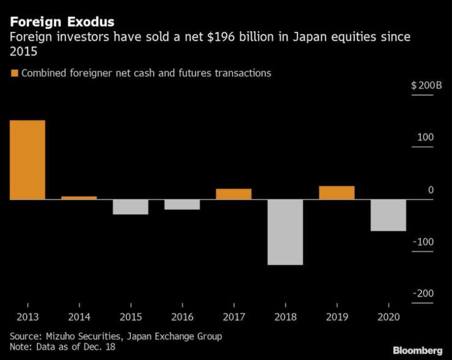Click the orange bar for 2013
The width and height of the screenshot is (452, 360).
[27, 159]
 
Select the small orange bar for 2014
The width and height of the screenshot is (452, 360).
[79, 198]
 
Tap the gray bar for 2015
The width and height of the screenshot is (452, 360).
[130, 207]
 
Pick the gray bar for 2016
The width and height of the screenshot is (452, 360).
[182, 204]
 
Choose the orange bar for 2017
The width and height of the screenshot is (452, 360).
[233, 194]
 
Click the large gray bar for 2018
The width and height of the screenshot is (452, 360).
[285, 232]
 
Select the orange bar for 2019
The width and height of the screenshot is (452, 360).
[337, 193]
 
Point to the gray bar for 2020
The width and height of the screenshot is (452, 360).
[388, 215]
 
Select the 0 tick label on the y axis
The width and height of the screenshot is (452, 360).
[430, 190]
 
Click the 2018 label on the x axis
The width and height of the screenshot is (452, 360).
[285, 317]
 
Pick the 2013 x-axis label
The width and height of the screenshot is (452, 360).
[27, 317]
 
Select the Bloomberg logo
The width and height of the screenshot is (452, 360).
[417, 350]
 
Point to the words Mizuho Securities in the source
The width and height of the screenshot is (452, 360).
[82, 336]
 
